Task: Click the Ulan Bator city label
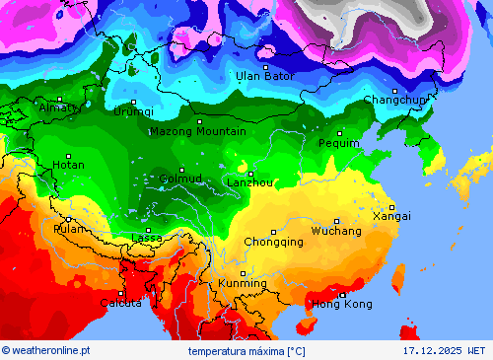point(264,76)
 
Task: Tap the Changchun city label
point(395,100)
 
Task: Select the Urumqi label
point(133,111)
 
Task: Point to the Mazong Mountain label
point(198,131)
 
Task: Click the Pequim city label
point(339,143)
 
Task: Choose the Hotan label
point(68,165)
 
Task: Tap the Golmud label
point(180,179)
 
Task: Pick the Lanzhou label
point(249,182)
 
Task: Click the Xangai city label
point(391,216)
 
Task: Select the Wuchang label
point(336,231)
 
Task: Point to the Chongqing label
point(273,242)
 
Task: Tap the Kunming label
point(243,284)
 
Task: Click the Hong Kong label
point(343,304)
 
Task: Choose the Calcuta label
point(119,303)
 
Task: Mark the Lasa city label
point(147,239)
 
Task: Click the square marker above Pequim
point(340,132)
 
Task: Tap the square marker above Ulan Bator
point(265,66)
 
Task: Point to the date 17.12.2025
point(431,350)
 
